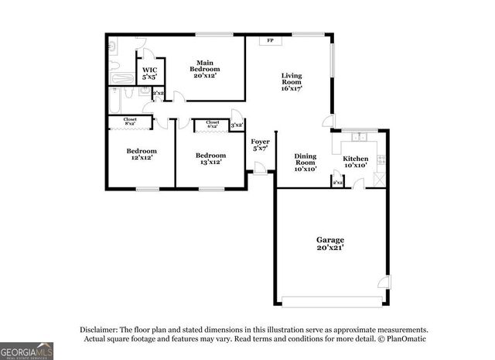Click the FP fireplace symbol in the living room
click(x=270, y=41)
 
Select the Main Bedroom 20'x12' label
click(x=205, y=69)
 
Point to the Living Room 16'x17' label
click(x=291, y=82)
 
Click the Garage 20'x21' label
click(x=329, y=244)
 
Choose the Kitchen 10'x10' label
click(x=356, y=162)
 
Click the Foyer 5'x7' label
click(x=260, y=145)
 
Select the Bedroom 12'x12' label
click(x=142, y=154)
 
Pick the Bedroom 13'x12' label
click(x=210, y=158)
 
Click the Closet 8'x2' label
click(x=131, y=122)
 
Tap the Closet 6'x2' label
click(x=212, y=124)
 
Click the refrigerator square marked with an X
click(x=379, y=179)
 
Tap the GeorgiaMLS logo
click(x=26, y=351)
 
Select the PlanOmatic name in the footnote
click(x=402, y=339)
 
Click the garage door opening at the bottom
click(x=330, y=300)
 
